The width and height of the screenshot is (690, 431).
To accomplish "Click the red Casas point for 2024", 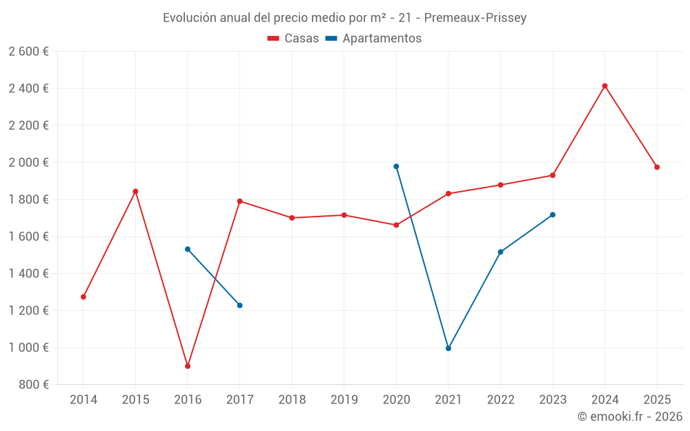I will (604, 86).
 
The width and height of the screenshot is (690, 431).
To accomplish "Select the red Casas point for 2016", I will (188, 366).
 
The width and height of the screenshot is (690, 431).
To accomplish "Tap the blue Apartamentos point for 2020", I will (396, 166).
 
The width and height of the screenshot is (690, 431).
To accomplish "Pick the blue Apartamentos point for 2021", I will (448, 348).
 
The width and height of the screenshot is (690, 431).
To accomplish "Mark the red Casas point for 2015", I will (135, 191).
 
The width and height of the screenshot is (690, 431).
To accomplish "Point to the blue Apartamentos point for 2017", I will (239, 305).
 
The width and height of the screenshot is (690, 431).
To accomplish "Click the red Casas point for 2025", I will (657, 167).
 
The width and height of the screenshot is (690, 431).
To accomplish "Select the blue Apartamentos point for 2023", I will (553, 214).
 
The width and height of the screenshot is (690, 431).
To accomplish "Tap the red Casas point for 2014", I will (83, 297).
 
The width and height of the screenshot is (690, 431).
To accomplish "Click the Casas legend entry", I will (293, 39).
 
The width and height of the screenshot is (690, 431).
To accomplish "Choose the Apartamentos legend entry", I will (373, 39).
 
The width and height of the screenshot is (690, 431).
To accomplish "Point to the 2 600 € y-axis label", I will (28, 52).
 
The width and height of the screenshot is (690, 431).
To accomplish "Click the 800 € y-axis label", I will (34, 385).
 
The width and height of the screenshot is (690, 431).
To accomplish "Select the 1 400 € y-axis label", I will (28, 274).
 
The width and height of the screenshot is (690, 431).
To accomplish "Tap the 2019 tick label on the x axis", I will (344, 400).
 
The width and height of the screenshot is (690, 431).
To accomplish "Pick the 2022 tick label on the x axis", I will (500, 400).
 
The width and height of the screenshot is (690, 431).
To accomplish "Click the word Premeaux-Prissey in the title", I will (477, 18).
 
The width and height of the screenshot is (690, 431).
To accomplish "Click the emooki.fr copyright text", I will (630, 417).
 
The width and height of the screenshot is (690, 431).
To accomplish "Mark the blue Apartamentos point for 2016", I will (188, 249).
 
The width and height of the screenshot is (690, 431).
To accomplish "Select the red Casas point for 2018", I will (292, 218).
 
